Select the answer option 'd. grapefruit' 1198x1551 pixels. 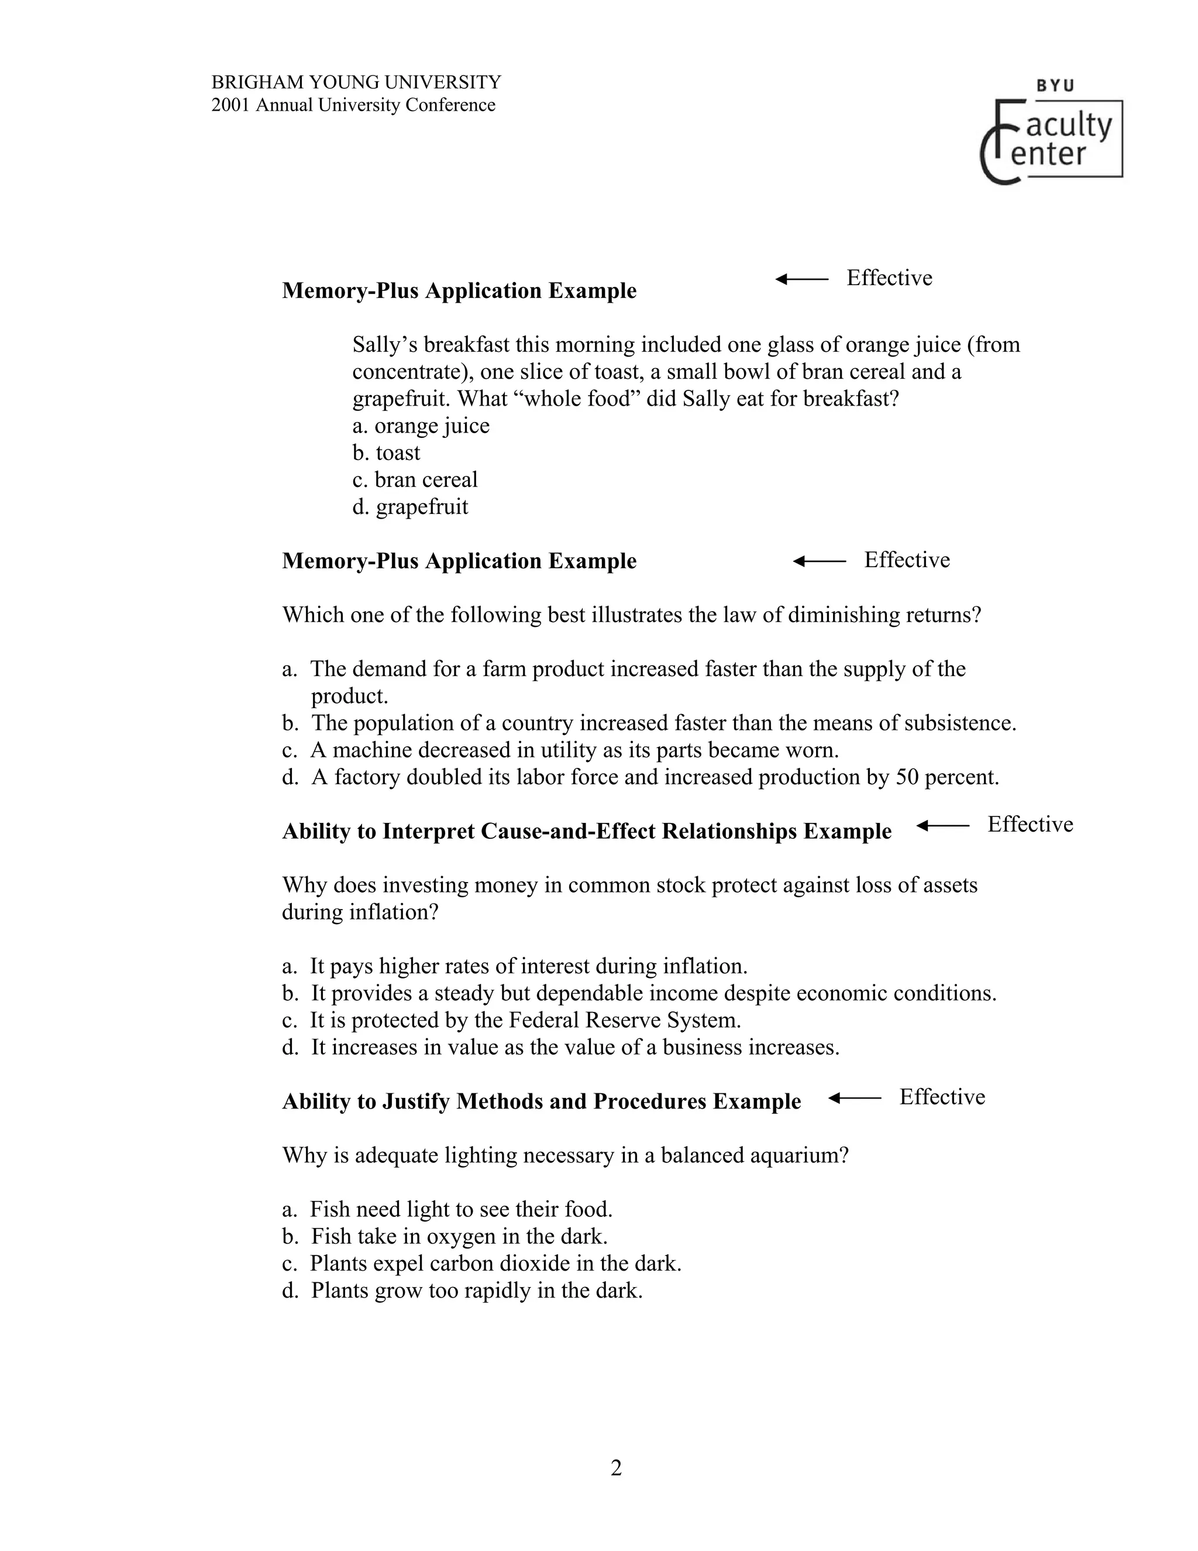coord(410,506)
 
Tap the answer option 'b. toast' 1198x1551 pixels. coord(386,452)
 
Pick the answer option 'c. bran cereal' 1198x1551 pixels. coord(415,479)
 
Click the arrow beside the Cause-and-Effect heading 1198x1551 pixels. coord(942,825)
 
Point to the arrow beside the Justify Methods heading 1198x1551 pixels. coord(855,1098)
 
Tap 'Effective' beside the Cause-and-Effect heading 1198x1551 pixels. coord(1030,824)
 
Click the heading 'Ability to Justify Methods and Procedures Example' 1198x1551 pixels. coord(541,1101)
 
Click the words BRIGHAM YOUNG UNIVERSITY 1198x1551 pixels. coord(356,83)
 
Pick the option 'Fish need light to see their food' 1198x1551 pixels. coord(447,1209)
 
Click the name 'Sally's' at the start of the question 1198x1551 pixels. coord(385,344)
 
